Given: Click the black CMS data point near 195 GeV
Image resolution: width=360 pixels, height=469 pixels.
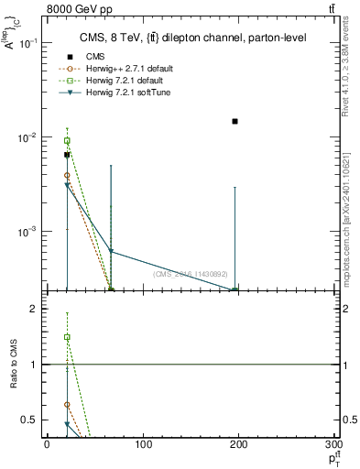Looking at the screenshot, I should click(x=235, y=121).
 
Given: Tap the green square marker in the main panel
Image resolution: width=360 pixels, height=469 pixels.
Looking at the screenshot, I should click(x=67, y=141).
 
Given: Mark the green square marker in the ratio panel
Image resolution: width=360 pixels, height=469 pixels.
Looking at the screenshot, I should click(x=67, y=337).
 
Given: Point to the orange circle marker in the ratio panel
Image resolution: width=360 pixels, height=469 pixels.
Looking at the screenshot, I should click(x=67, y=404).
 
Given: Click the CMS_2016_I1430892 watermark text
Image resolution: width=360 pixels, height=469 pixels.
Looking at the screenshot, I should click(x=191, y=274).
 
